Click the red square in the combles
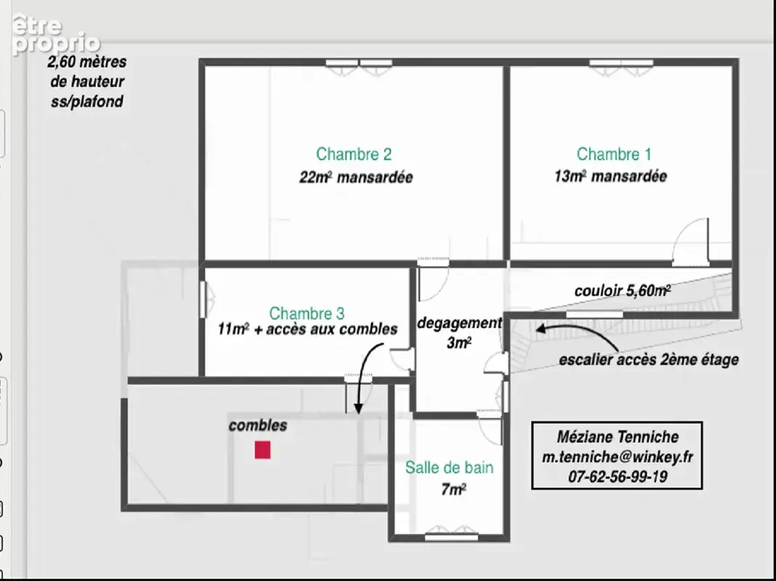262,450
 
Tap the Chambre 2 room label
354,154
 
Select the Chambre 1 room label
613,154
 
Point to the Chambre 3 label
307,313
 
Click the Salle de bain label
449,467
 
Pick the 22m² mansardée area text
356,176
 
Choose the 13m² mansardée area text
610,176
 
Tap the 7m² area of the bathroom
453,489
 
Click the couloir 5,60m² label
623,290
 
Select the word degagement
460,323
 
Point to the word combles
258,426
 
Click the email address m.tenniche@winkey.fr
617,457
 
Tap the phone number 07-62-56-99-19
617,476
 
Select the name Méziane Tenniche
617,436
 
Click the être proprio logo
54,35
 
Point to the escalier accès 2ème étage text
649,359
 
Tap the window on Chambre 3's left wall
203,299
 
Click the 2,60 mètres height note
87,82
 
